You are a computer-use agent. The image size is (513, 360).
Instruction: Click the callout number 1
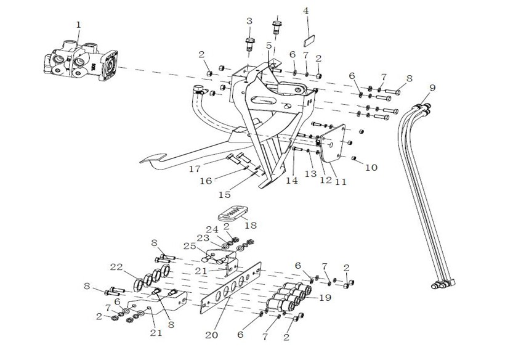(78, 25)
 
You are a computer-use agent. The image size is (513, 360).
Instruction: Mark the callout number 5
(269, 46)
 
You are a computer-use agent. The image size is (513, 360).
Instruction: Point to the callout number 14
(292, 181)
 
